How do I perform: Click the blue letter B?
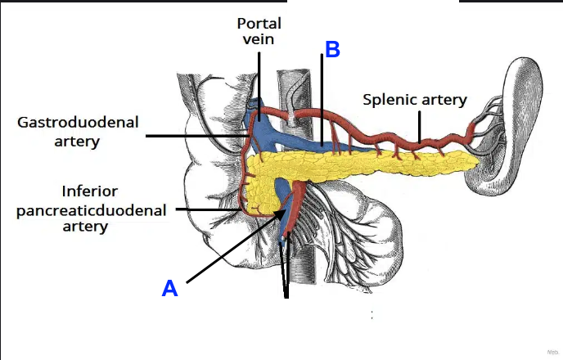(331, 49)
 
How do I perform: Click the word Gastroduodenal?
(79, 123)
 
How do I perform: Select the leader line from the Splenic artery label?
(419, 127)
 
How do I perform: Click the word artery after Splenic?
(442, 100)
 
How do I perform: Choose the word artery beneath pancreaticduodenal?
(86, 227)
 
